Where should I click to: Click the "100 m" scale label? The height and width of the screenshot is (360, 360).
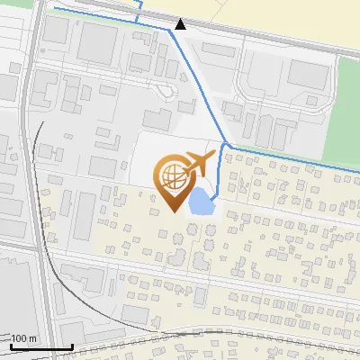pos(23,338)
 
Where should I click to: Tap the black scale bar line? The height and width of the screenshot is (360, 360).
pos(40,346)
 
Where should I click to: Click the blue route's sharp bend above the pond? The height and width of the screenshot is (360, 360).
pos(225,145)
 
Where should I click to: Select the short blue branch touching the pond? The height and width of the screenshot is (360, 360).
pos(219,175)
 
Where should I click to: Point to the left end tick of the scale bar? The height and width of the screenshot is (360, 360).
pos(10,346)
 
